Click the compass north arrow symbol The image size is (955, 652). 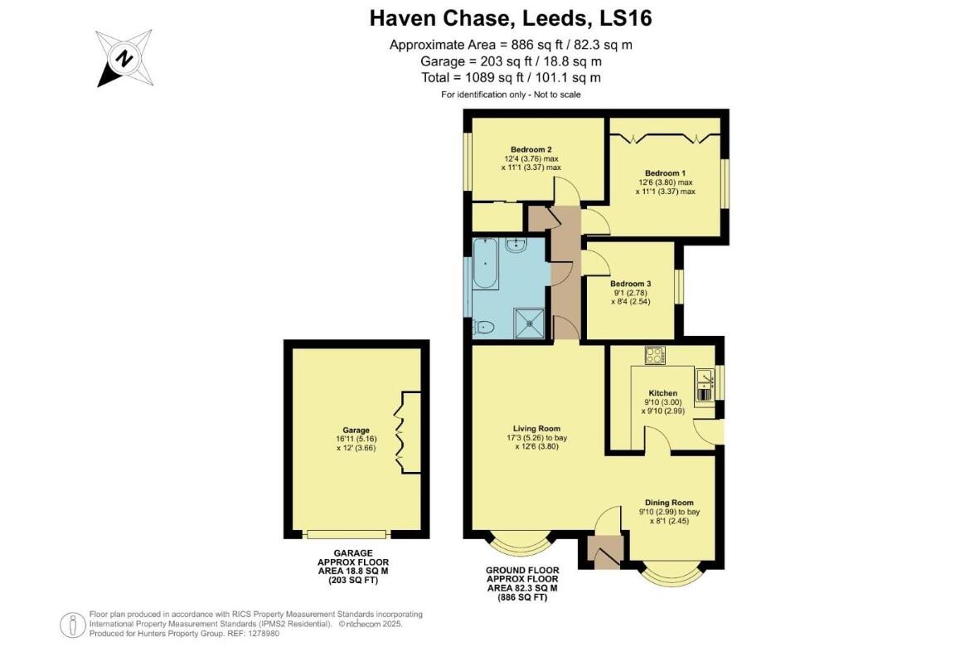point(124,58)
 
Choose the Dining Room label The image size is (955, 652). point(669,503)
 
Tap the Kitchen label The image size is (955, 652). point(662,393)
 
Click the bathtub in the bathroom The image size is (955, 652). point(485,264)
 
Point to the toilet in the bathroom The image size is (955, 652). point(482,328)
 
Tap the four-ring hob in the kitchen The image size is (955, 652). point(655,355)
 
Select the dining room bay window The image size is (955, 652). point(672,573)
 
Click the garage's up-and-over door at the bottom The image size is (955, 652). point(346,533)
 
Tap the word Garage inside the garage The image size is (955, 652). point(356,431)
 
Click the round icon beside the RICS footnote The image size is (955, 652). point(73,624)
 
